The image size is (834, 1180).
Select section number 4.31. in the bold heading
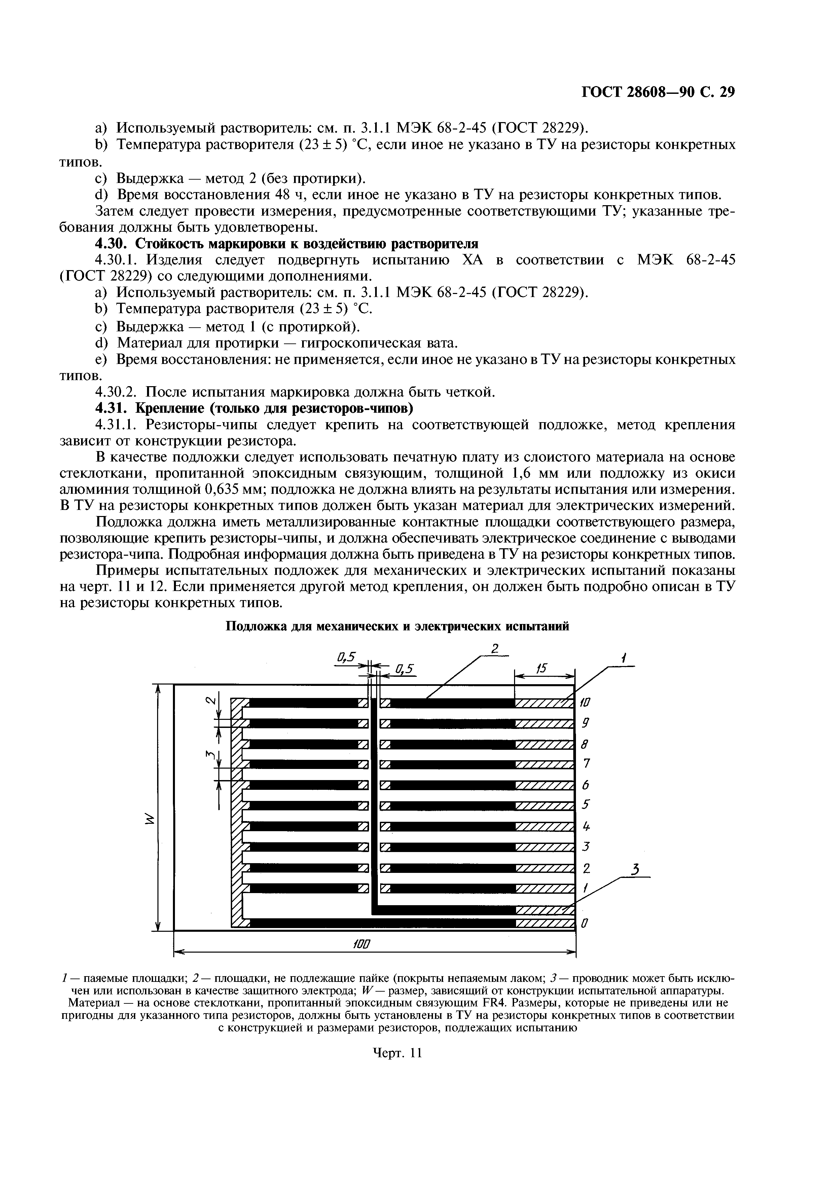(110, 408)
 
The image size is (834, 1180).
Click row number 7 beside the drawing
(586, 764)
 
